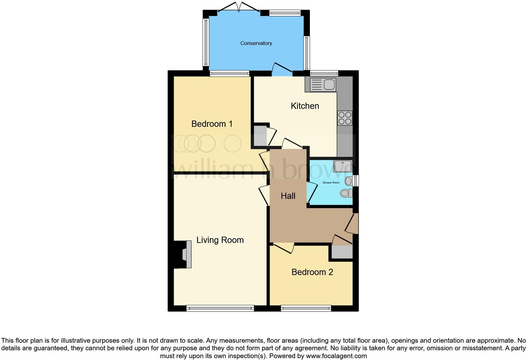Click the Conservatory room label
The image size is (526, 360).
click(256, 43)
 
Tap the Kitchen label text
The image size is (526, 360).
click(305, 106)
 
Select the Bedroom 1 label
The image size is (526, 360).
click(212, 124)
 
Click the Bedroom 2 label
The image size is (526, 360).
click(312, 272)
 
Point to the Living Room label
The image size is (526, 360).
click(220, 240)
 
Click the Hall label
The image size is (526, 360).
click(288, 196)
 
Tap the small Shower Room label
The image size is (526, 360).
click(331, 183)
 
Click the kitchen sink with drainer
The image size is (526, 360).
click(323, 85)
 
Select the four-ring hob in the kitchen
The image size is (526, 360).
click(344, 118)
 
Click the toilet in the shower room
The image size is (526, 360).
click(346, 193)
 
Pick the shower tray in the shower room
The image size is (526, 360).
click(343, 166)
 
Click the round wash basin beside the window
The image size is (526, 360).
click(349, 181)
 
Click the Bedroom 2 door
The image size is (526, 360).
click(283, 247)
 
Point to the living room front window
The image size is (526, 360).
click(220, 308)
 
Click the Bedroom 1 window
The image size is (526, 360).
click(229, 74)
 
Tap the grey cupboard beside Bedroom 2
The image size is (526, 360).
click(342, 252)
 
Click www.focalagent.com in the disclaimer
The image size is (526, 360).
click(336, 356)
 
